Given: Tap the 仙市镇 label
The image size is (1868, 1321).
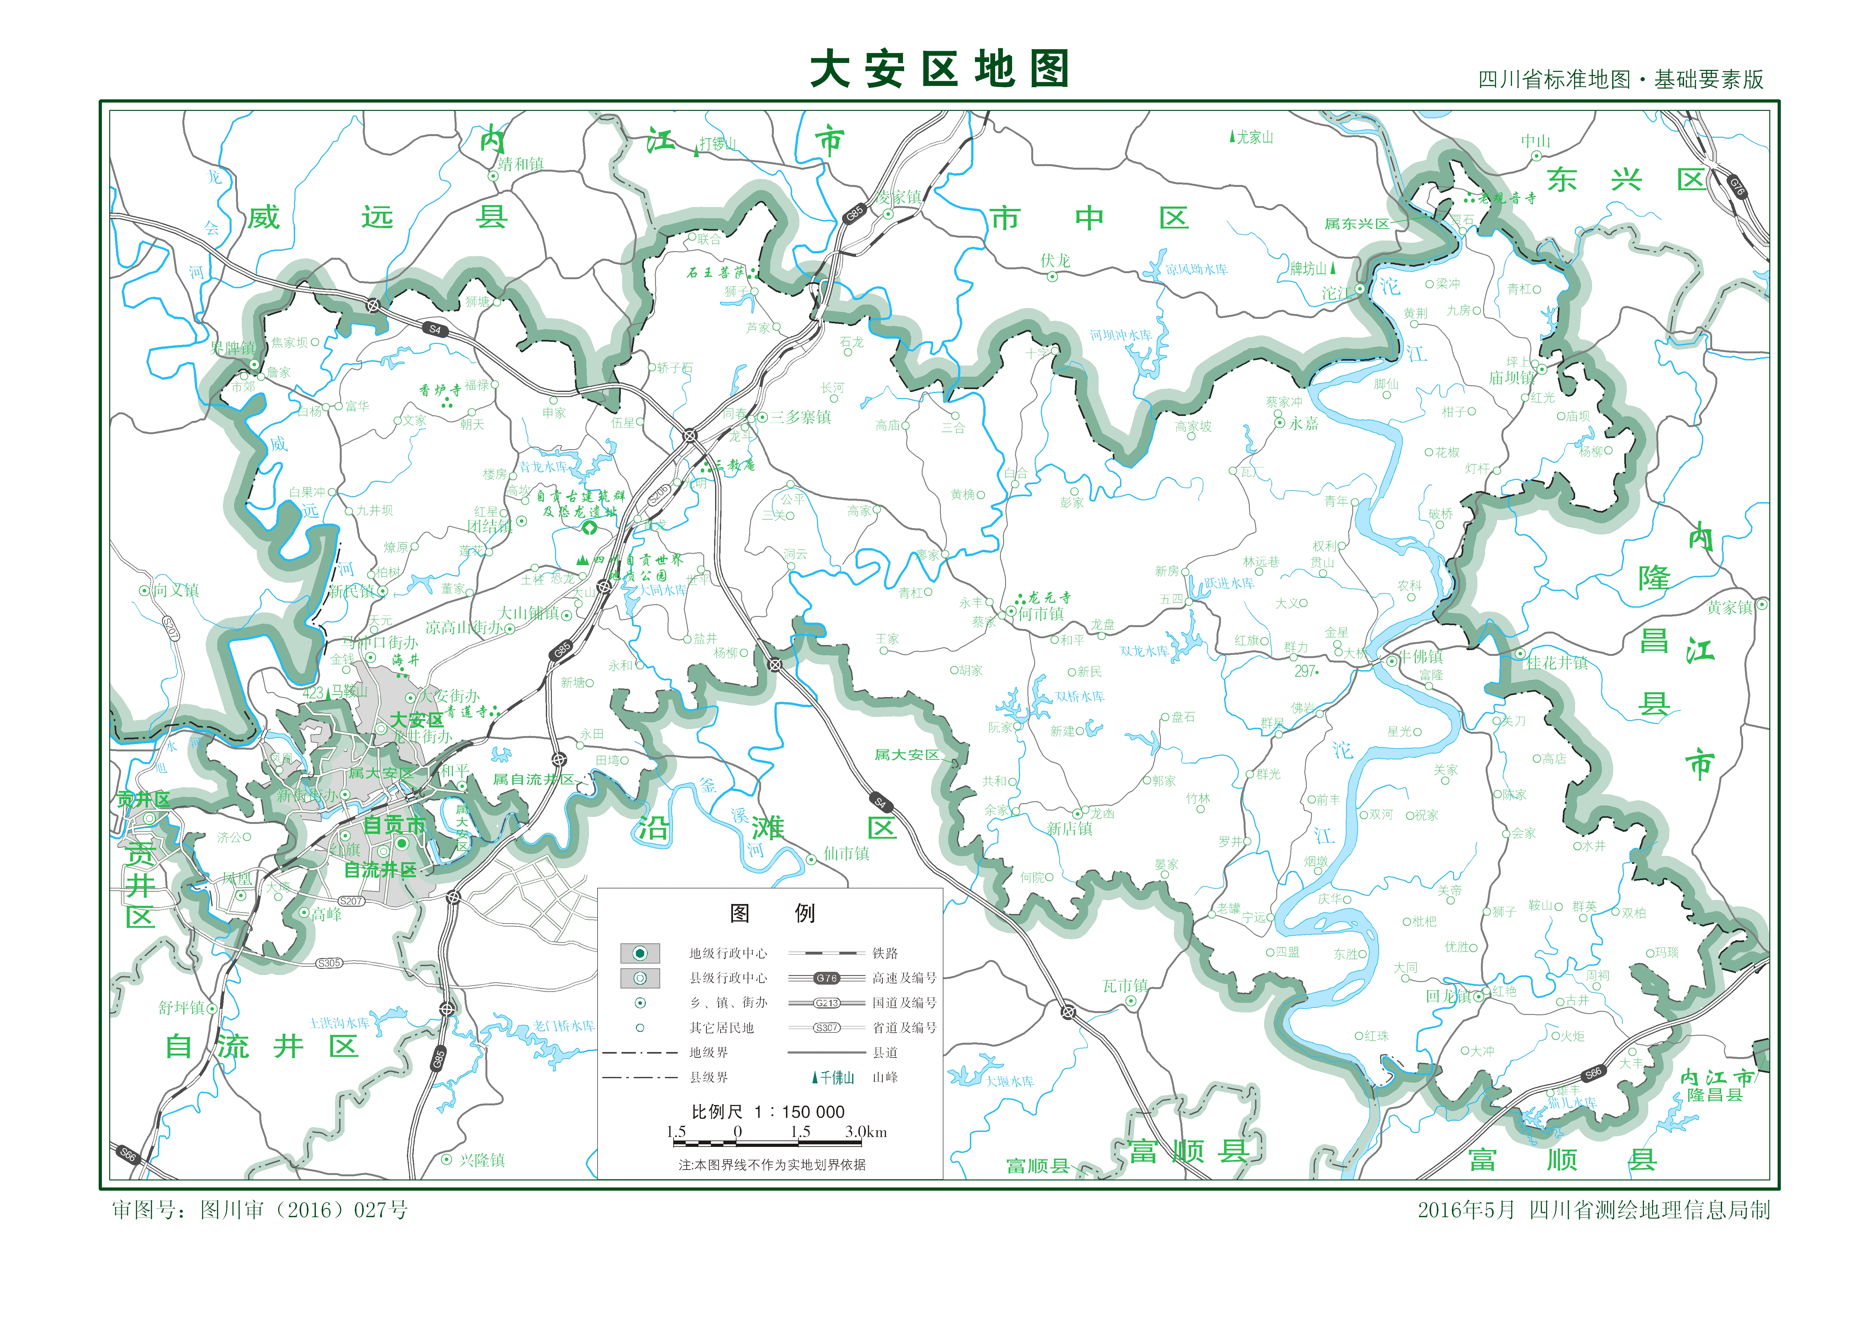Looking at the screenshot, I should (x=846, y=853).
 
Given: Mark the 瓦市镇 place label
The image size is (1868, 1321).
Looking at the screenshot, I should (x=1125, y=986).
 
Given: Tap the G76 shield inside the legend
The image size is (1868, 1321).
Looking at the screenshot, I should (x=827, y=978).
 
